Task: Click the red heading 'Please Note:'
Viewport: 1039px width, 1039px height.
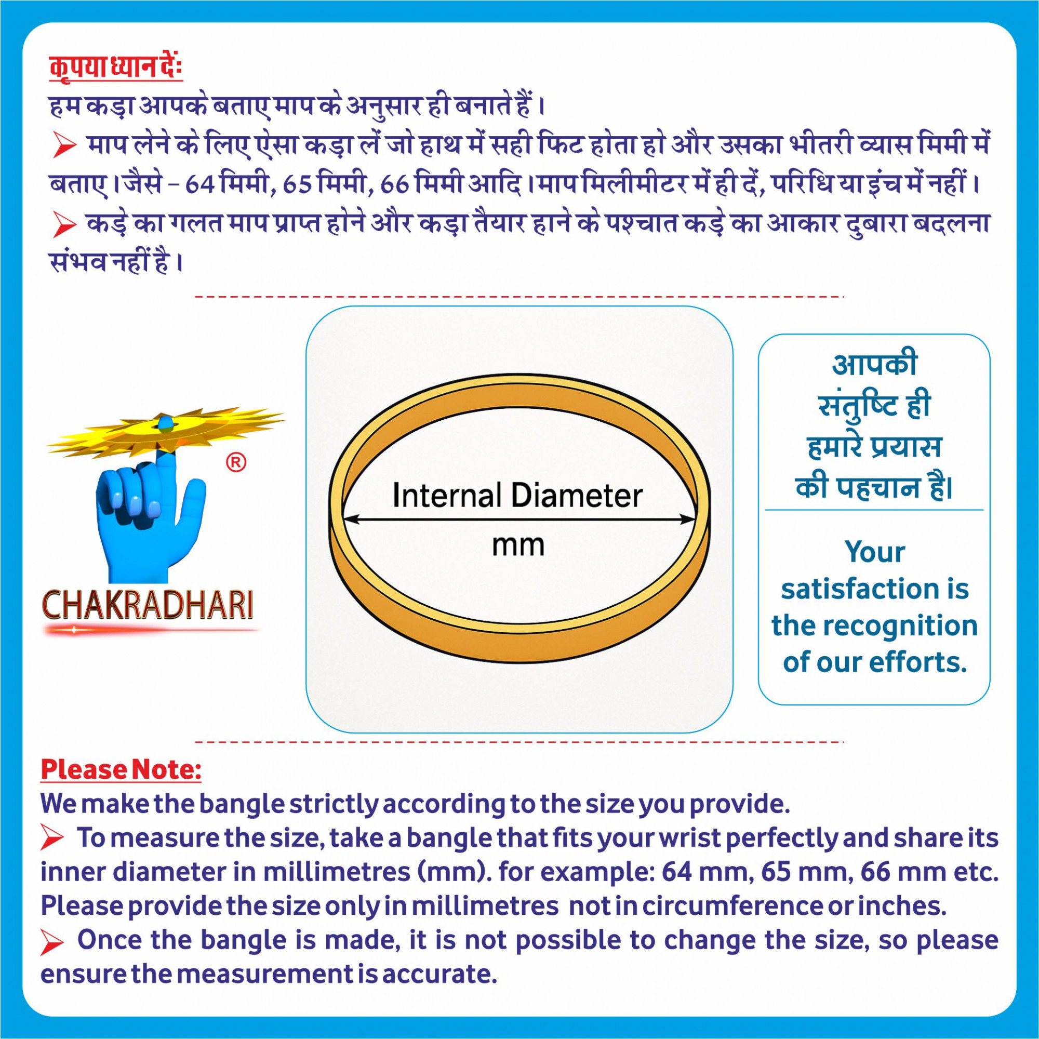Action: pyautogui.click(x=121, y=769)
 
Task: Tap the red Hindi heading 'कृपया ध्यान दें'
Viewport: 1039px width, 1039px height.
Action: pyautogui.click(x=116, y=68)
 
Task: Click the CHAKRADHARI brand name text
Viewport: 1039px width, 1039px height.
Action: pyautogui.click(x=148, y=606)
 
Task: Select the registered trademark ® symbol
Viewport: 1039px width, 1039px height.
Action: pyautogui.click(x=235, y=462)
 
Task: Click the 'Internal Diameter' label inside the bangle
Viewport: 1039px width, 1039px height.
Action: pyautogui.click(x=517, y=495)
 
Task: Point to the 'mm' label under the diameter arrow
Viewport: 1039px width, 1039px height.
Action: pyautogui.click(x=518, y=545)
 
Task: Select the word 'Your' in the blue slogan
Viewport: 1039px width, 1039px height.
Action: pyautogui.click(x=874, y=552)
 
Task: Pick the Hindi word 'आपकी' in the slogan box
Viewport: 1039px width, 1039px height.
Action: pyautogui.click(x=874, y=365)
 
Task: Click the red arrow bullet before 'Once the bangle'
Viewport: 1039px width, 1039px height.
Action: pyautogui.click(x=52, y=943)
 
